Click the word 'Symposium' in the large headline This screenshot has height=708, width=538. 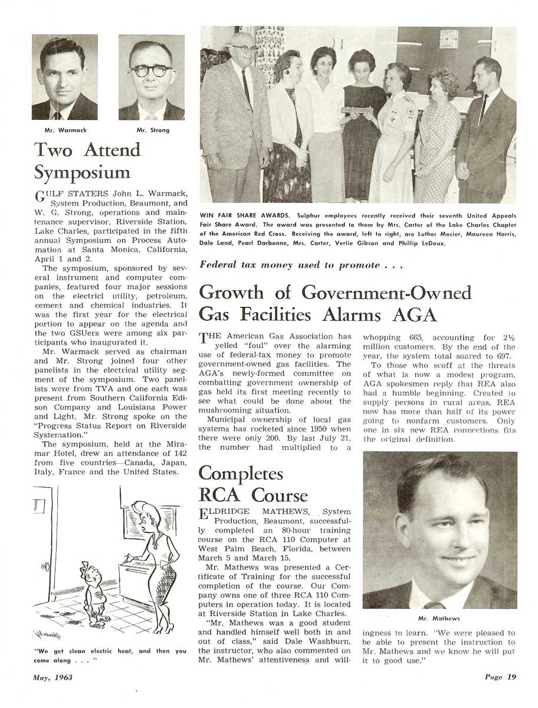click(x=82, y=173)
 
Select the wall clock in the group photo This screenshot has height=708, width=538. click(x=448, y=39)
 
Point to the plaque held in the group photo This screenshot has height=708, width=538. click(x=360, y=110)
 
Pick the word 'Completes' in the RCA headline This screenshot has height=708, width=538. click(x=241, y=474)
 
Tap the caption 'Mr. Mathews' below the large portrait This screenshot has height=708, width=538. click(x=439, y=618)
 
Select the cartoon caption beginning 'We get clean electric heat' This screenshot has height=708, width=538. click(x=110, y=655)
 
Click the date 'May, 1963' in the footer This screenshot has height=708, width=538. click(x=53, y=677)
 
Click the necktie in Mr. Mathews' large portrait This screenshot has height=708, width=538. click(x=434, y=605)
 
